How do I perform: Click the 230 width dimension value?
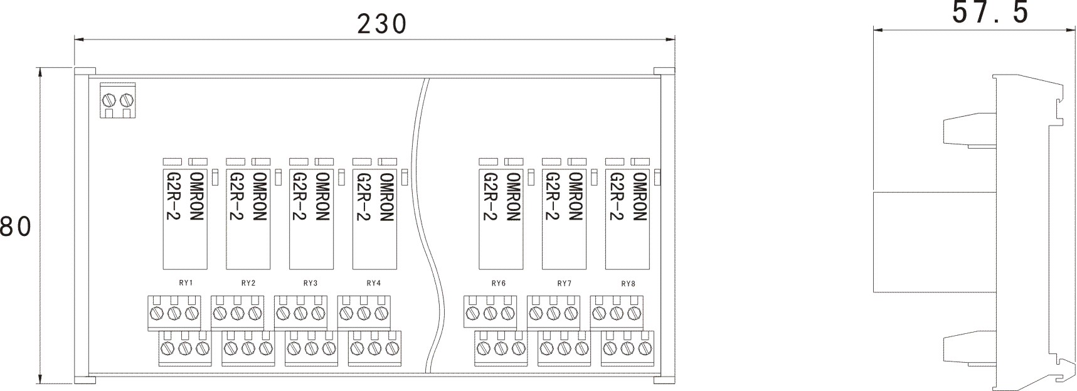coord(382,24)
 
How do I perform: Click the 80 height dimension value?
coord(16,227)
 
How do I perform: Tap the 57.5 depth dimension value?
coord(990,13)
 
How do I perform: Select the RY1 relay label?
coord(185,283)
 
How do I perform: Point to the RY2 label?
coord(248,283)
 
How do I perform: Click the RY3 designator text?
coord(310,283)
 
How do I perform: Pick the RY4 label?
coord(374,283)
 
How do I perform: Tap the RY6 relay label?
coord(499,283)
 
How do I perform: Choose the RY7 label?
coord(565,283)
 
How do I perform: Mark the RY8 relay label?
coord(628,283)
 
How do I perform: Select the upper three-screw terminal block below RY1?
coord(174,312)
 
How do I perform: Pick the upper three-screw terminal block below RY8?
coord(617,312)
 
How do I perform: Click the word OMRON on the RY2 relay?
coord(259,196)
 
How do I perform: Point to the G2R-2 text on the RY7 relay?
coord(551,196)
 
